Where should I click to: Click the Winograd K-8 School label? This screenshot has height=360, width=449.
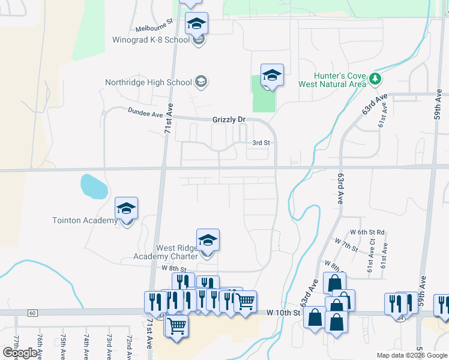[x=151, y=40]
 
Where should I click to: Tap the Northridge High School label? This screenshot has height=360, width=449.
[x=148, y=82]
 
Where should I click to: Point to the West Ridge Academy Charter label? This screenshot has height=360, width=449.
[x=177, y=252]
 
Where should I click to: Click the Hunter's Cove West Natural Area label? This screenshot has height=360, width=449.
[x=340, y=80]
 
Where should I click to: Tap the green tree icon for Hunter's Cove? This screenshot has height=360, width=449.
[x=376, y=79]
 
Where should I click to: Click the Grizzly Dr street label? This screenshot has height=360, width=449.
[x=229, y=120]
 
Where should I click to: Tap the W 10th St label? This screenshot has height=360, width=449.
[x=283, y=313]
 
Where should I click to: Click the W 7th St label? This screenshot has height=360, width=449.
[x=346, y=245]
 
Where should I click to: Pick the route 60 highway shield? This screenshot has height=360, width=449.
[x=32, y=313]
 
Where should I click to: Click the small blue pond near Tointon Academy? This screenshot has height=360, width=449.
[x=94, y=187]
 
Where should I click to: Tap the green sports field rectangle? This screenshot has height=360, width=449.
[x=264, y=96]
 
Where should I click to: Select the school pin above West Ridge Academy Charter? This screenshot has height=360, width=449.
[x=208, y=240]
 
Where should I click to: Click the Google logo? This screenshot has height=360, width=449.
[x=20, y=353]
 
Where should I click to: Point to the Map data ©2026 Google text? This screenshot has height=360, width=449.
[x=412, y=355]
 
